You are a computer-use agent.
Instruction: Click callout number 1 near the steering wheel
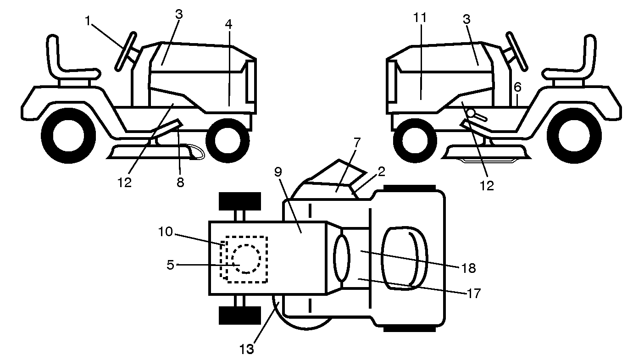point(88,21)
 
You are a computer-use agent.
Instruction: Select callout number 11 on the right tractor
point(420,18)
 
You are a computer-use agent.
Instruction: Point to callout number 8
point(181,182)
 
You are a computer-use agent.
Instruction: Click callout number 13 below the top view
point(247,349)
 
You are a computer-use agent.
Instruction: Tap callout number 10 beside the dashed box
point(165,232)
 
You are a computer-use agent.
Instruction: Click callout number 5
point(170,265)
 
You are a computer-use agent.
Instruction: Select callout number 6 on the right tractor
point(517,87)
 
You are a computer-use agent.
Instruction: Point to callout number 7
point(357,143)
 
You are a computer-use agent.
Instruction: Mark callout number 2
point(381,172)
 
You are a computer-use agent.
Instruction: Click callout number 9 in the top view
point(278,172)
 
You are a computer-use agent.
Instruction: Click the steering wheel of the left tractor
point(126,51)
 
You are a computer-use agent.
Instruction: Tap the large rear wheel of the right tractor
point(574,136)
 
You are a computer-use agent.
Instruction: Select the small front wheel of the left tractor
point(228,140)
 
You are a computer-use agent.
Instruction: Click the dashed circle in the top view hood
point(246,259)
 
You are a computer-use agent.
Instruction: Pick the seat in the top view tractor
point(404,258)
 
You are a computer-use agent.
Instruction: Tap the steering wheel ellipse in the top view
point(342,259)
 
